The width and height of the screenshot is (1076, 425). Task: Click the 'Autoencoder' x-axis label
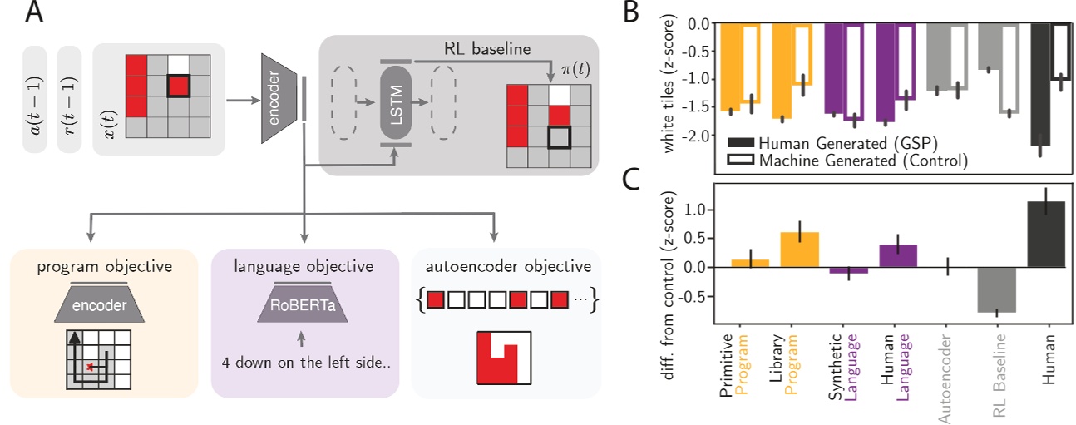point(946,370)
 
